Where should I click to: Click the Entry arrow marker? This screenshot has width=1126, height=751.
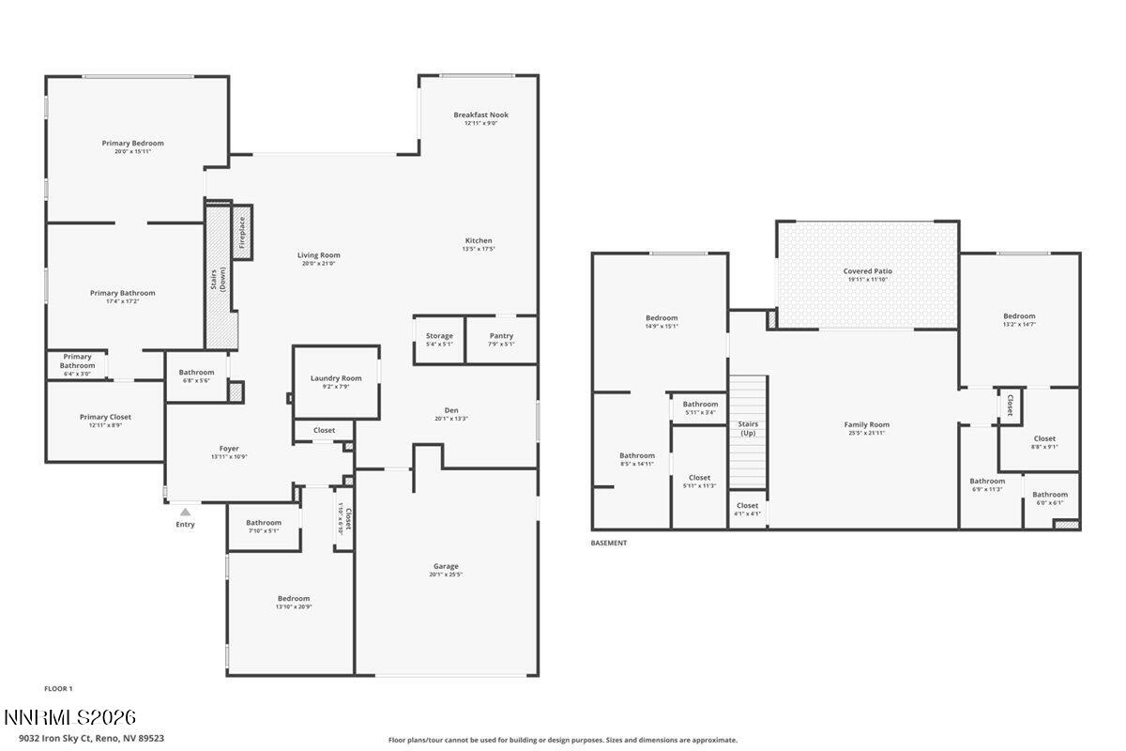point(185,512)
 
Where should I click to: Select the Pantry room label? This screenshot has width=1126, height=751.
point(502,335)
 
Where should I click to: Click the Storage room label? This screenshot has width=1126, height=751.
point(439,335)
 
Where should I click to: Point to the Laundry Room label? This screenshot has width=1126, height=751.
point(336,378)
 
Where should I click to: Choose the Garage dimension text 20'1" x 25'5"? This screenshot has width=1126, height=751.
point(446,575)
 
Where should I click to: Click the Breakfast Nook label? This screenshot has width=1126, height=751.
point(480,115)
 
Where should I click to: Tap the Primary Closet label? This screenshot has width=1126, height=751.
point(105,417)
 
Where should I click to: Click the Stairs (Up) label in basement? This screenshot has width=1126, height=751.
point(748,428)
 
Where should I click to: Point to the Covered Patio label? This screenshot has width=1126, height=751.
point(867,270)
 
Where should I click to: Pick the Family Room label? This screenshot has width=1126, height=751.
point(866,424)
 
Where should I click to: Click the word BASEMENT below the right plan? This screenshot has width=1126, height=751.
point(608,543)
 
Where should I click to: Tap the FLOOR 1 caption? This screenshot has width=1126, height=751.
point(58,688)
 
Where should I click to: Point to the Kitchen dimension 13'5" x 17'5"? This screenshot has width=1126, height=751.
point(478,249)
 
